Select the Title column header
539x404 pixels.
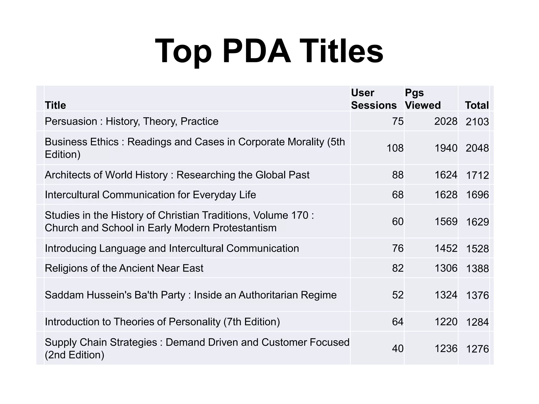click(55, 105)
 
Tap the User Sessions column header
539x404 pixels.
click(373, 99)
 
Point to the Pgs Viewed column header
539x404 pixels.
click(423, 99)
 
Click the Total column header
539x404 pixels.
click(477, 105)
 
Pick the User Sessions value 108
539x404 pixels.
click(395, 148)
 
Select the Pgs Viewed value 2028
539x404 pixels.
click(446, 121)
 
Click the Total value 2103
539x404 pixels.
click(477, 122)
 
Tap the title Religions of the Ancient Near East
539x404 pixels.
click(124, 268)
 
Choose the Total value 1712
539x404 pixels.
click(477, 175)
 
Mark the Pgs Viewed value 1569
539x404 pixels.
click(446, 222)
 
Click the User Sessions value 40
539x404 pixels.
click(398, 349)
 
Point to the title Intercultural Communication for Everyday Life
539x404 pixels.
click(150, 195)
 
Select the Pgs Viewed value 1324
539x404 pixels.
click(446, 295)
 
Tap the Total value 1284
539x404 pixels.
click(477, 322)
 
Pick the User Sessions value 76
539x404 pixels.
click(398, 249)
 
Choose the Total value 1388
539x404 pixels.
click(477, 269)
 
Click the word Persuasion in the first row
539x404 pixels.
click(71, 122)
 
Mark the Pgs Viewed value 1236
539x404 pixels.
click(446, 349)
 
